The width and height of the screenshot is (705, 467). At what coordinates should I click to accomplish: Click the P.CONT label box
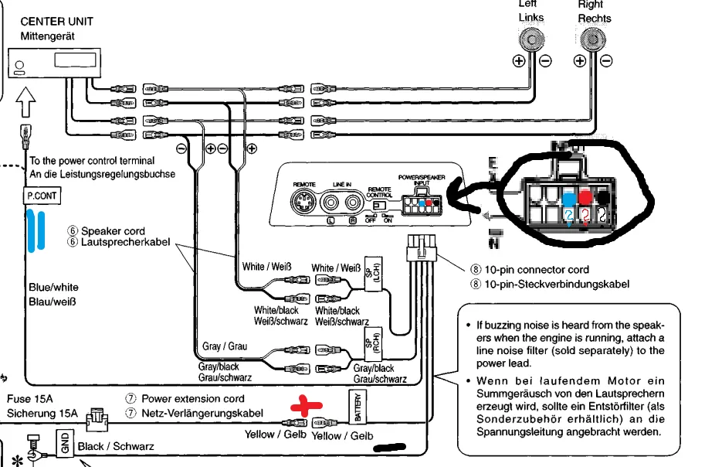42,196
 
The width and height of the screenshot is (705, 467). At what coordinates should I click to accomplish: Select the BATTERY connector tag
357,406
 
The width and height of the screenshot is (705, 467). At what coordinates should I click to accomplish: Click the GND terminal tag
66,443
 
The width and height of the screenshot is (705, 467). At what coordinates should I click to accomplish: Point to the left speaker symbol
531,39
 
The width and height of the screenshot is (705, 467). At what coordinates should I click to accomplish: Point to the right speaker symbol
591,39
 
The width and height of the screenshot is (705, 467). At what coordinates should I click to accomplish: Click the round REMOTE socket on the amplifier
303,204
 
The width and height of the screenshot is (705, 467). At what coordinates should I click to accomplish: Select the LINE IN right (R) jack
354,203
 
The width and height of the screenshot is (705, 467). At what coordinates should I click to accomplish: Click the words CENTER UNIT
56,21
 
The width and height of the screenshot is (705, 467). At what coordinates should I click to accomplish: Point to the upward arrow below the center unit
25,100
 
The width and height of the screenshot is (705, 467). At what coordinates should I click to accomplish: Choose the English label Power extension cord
192,399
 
